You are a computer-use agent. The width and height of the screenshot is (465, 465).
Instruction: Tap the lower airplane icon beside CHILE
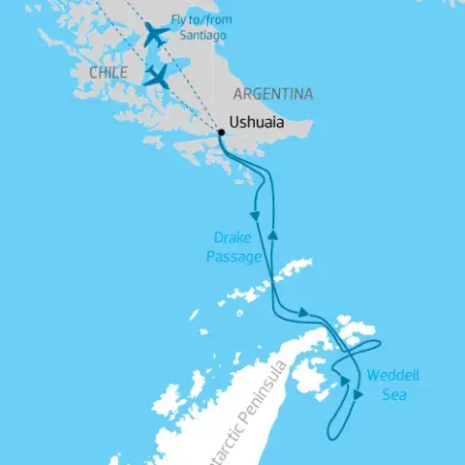pyautogui.click(x=156, y=76)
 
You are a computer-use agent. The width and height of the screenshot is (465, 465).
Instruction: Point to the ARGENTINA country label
pyautogui.click(x=272, y=94)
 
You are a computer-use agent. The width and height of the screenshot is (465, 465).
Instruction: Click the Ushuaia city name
pyautogui.click(x=260, y=123)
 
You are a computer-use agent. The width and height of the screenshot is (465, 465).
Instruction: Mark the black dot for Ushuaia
pyautogui.click(x=220, y=124)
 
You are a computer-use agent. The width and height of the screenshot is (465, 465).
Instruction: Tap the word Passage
pyautogui.click(x=233, y=257)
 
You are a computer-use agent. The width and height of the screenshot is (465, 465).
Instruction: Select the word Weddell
pyautogui.click(x=392, y=378)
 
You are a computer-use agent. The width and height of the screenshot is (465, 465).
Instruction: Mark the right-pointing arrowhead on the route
pyautogui.click(x=304, y=313)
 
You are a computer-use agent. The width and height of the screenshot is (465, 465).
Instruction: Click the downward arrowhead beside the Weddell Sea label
pyautogui.click(x=359, y=394)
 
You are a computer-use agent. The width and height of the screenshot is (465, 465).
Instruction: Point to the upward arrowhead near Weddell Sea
pyautogui.click(x=344, y=381)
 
